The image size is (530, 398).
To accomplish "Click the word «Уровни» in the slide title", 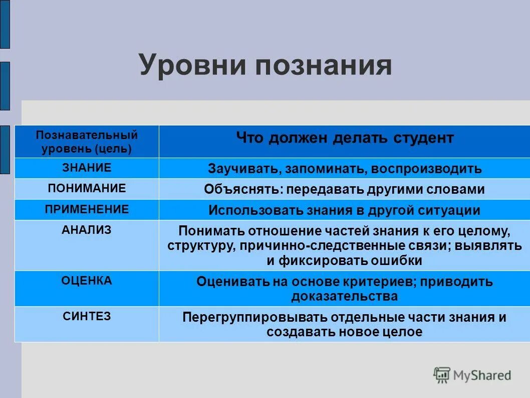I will (193, 66).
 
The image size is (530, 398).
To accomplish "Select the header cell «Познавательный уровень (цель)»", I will (87, 142).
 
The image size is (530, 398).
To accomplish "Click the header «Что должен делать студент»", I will (345, 138).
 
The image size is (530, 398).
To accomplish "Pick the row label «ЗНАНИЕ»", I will (87, 168).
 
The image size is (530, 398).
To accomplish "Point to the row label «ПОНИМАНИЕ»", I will (87, 188).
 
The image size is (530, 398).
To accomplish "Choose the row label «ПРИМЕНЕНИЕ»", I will (87, 209).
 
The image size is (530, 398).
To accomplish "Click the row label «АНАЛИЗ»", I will (87, 229).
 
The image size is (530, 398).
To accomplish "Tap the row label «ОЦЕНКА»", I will (87, 281).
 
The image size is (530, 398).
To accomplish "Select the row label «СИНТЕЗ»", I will (87, 316).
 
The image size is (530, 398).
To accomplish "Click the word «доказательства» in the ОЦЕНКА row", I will (345, 296).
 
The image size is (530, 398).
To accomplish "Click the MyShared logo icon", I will (442, 375).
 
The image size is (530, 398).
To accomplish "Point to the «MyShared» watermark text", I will (482, 375).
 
